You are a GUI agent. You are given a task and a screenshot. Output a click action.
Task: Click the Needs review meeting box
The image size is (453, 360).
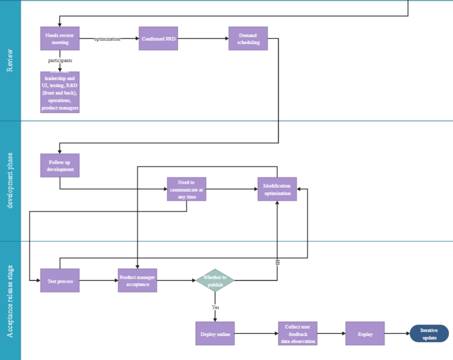click(60, 38)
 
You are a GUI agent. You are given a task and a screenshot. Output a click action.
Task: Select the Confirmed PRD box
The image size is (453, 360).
click(158, 38)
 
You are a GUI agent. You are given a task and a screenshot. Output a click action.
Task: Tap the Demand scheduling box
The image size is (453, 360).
click(248, 38)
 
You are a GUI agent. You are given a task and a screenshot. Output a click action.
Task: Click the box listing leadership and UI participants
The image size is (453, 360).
click(60, 92)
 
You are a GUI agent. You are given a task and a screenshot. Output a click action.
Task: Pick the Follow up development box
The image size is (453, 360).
click(60, 165)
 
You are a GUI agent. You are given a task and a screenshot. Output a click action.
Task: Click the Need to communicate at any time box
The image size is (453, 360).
click(186, 189)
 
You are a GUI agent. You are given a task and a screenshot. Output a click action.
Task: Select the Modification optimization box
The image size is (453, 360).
click(277, 189)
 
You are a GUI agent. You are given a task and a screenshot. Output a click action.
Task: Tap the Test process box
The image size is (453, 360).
click(60, 281)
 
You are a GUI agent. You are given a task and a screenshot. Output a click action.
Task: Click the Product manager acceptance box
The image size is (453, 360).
click(137, 281)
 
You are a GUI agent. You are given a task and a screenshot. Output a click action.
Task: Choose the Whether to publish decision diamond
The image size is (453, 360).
click(215, 281)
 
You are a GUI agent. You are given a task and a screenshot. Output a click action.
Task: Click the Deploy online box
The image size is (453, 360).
click(215, 334)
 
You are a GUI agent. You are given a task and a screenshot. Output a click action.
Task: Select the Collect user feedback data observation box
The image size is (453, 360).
click(298, 334)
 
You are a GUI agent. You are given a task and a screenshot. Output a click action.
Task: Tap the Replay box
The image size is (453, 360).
click(365, 334)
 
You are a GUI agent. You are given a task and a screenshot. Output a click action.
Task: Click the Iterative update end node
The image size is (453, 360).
click(429, 334)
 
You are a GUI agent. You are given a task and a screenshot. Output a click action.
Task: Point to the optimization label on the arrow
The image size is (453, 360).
click(107, 39)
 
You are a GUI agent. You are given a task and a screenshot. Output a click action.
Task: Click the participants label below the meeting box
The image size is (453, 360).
click(60, 60)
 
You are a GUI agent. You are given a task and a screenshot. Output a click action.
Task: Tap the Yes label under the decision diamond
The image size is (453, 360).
click(215, 307)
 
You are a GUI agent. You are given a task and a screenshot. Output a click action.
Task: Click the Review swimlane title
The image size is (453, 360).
click(10, 60)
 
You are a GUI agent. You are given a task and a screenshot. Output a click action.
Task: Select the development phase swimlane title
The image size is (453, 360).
click(10, 180)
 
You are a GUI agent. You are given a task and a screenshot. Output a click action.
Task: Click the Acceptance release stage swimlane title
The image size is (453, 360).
click(10, 301)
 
